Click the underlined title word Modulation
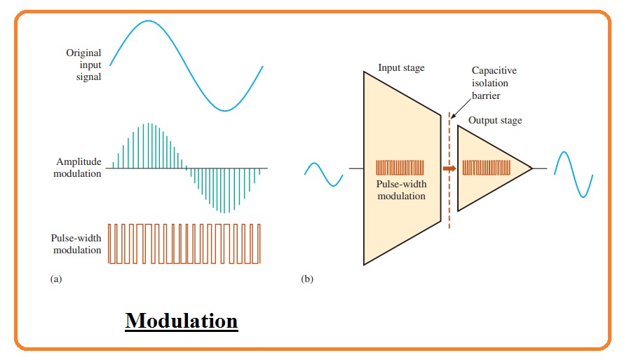coord(182,321)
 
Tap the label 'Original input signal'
coord(83,65)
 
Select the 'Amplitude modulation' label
coord(77,167)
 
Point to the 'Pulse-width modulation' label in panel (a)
coord(76,244)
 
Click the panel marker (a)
coord(56,279)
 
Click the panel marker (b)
coord(307,279)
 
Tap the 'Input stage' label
coord(401,68)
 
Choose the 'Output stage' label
coord(495,121)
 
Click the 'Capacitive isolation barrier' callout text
coord(494,83)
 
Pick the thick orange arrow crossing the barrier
coord(449,168)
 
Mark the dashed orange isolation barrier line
coord(449,171)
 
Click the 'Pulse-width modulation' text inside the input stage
coord(401,190)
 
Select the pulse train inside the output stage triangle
coord(486,168)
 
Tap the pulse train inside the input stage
coord(400,168)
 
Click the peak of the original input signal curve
coord(149,20)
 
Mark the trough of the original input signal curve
coord(225,110)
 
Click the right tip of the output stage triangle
coord(532,168)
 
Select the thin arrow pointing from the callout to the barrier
coord(461,108)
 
